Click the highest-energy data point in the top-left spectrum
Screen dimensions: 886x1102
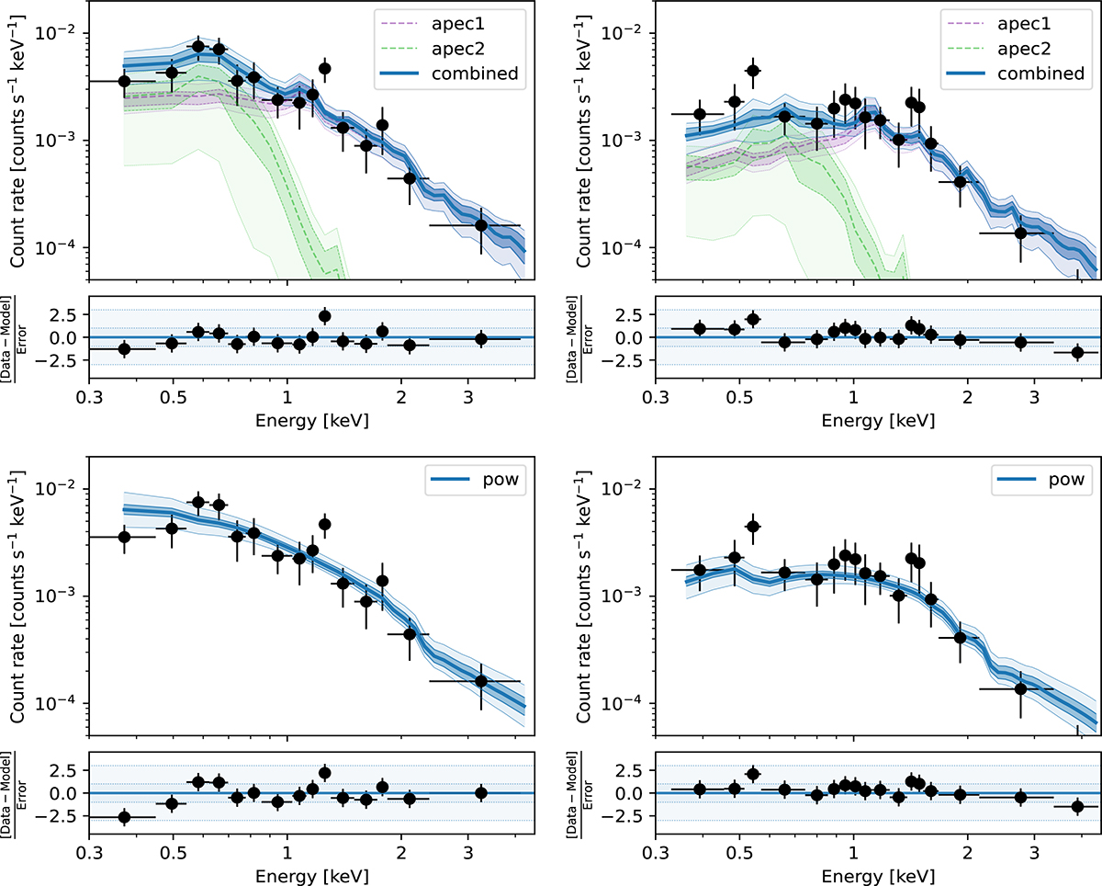click(481, 225)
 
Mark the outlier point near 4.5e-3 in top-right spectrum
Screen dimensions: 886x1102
click(752, 71)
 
